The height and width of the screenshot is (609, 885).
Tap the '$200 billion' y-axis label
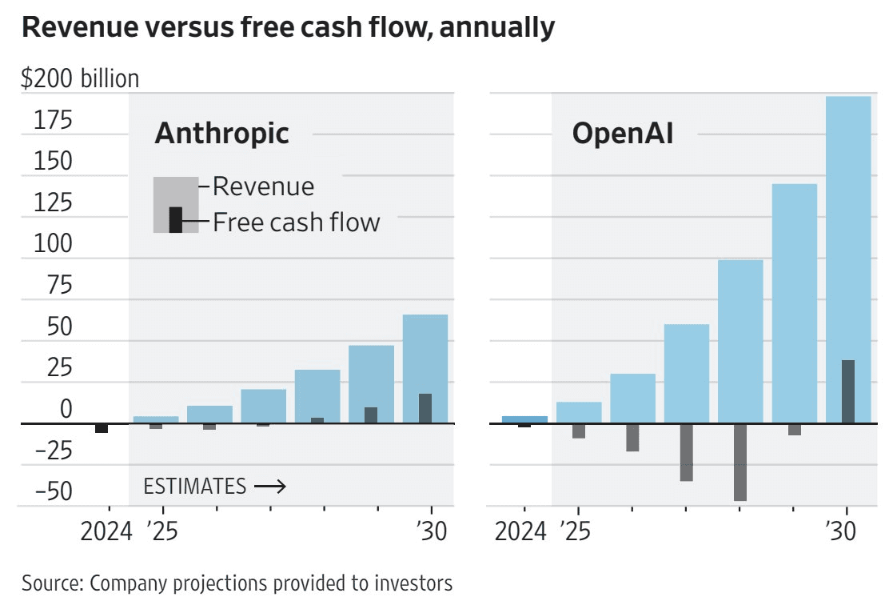pos(80,78)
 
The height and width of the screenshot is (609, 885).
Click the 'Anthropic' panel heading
pos(221,134)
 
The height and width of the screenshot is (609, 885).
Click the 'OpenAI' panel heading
pos(623,134)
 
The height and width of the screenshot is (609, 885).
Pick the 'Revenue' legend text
pos(264,186)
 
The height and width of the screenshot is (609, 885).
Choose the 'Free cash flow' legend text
pos(297,222)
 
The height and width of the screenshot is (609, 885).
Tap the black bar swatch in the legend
pos(176,220)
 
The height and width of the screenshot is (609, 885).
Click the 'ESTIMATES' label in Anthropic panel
pos(194,486)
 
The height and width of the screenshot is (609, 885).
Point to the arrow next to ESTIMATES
pos(269,486)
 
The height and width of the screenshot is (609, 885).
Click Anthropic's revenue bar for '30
pos(425,368)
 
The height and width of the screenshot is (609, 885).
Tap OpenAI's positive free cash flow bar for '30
pos(848,391)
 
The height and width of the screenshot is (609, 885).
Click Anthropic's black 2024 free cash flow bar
pos(102,428)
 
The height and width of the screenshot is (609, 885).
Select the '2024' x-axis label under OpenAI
pos(520,531)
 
